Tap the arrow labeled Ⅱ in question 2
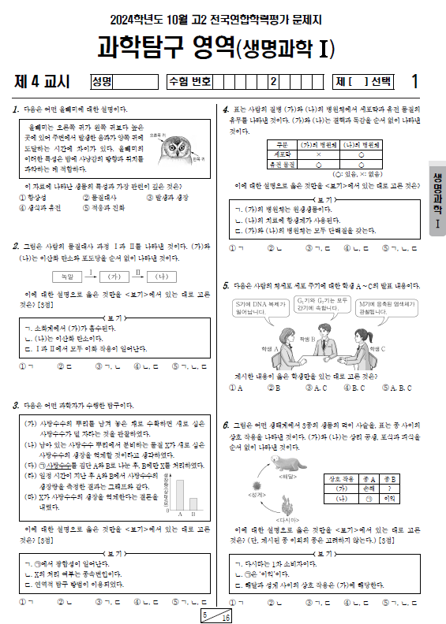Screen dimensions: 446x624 point(137,276)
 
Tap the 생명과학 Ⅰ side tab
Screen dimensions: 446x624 point(435,200)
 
